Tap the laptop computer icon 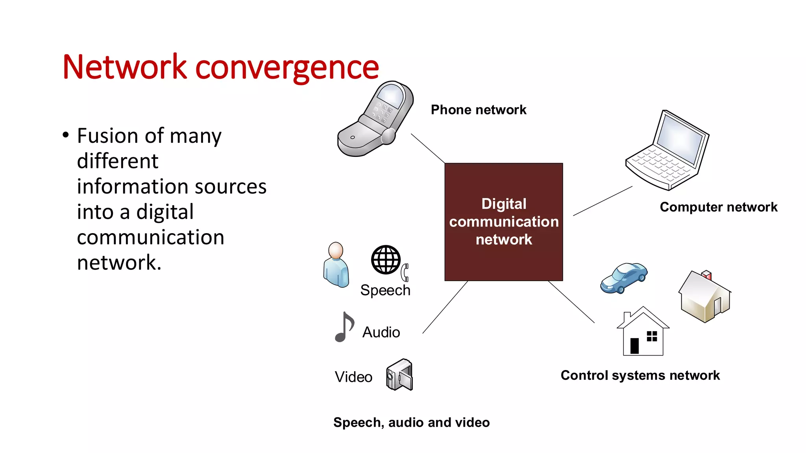tap(667, 151)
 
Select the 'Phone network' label tap(478, 110)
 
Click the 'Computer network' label tap(718, 207)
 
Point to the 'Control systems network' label tap(640, 376)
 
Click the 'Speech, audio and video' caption tap(411, 422)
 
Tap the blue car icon tap(624, 278)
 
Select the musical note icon tap(344, 327)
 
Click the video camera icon tap(399, 375)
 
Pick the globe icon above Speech tap(386, 260)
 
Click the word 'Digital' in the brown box tap(504, 204)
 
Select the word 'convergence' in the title tap(287, 67)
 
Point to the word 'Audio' tap(381, 332)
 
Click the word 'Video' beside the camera tap(353, 377)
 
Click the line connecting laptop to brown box tap(603, 201)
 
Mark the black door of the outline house tap(634, 346)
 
